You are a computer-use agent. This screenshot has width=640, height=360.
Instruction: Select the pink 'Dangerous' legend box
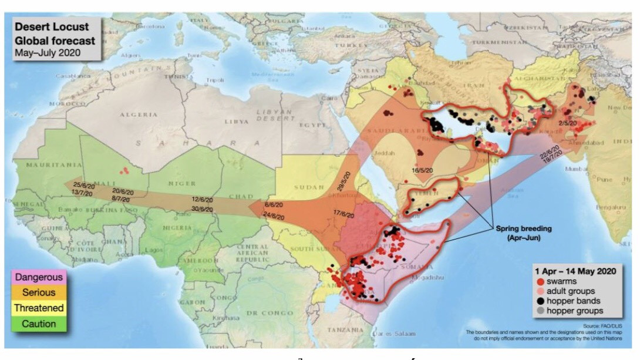click(39, 277)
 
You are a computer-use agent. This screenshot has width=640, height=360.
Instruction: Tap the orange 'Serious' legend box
click(39, 292)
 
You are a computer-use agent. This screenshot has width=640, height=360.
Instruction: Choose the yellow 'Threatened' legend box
click(39, 308)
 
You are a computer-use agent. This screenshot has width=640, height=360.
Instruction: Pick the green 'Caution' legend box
click(39, 324)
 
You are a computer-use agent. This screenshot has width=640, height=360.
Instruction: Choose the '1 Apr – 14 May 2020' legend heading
click(575, 271)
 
